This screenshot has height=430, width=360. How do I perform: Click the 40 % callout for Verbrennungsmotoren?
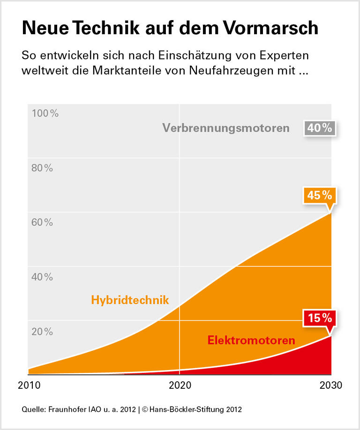pos(320,128)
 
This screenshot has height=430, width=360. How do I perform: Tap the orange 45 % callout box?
pos(320,195)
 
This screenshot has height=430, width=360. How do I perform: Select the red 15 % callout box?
pos(320,319)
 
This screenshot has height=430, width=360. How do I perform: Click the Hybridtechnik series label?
pos(130,300)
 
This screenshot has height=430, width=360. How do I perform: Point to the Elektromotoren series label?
pos(251,340)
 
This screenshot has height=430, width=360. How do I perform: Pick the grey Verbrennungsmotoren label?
pos(226,128)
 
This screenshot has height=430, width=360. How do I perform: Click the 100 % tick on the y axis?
pos(45,113)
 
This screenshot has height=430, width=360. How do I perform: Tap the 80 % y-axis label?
pos(42,168)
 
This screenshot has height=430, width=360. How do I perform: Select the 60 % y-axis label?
pos(42,222)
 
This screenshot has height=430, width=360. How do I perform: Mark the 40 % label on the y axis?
pos(42,277)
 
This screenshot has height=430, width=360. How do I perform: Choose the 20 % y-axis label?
pos(42,331)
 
